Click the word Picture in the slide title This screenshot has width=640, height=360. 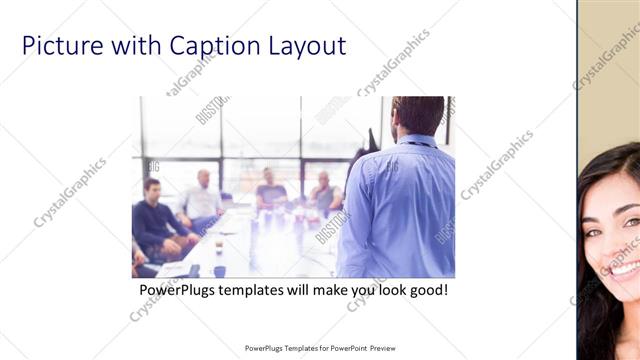[x=60, y=46]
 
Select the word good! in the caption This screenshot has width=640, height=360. [x=425, y=291]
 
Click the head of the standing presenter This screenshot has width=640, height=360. [x=417, y=115]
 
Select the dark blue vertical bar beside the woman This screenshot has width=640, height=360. [x=578, y=180]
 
